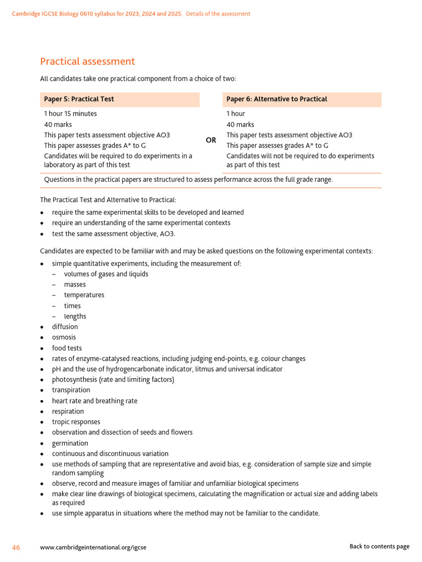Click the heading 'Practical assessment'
[x=87, y=61]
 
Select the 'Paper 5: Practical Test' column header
[x=79, y=99]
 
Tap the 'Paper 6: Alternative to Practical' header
[x=276, y=99]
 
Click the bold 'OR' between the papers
[x=211, y=140]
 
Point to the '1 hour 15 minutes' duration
[x=70, y=114]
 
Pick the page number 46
[x=16, y=547]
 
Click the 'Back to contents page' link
[x=379, y=547]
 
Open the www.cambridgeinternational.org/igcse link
[x=93, y=547]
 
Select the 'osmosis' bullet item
[x=64, y=338]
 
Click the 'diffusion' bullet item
[x=65, y=327]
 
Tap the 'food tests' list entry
[x=66, y=348]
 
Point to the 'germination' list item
[x=70, y=443]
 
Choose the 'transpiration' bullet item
[x=71, y=390]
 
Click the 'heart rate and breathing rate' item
[x=95, y=401]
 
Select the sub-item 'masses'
[x=75, y=285]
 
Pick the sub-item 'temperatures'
[x=84, y=295]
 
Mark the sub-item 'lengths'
[x=75, y=317]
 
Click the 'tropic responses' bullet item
[x=76, y=422]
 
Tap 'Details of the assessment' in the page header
[x=218, y=14]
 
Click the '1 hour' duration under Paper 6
[x=236, y=114]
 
